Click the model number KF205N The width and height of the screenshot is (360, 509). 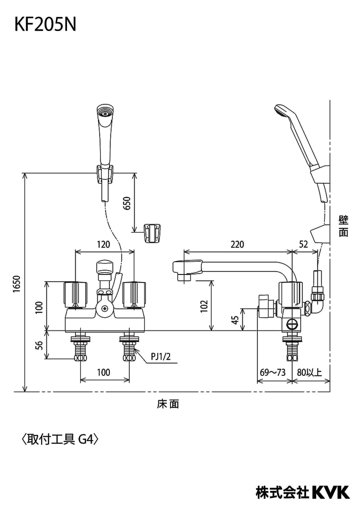click(45, 25)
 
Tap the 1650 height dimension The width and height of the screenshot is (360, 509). click(17, 284)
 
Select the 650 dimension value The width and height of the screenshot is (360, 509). click(127, 203)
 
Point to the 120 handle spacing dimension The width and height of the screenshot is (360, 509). click(103, 244)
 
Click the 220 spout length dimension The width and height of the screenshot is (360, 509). click(237, 244)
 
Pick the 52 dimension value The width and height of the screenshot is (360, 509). click(304, 244)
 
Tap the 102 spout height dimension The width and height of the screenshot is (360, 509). click(204, 306)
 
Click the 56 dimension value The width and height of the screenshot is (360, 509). click(39, 345)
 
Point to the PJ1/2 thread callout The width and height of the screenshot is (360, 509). click(161, 357)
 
